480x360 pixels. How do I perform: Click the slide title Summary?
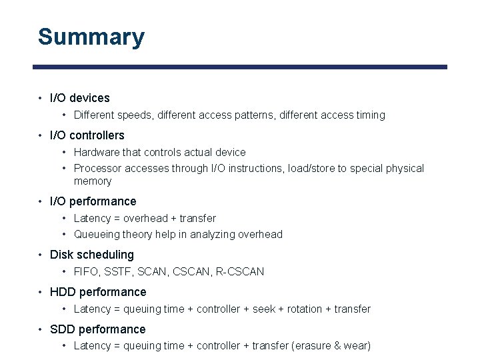(x=91, y=37)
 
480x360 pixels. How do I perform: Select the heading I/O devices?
(x=79, y=98)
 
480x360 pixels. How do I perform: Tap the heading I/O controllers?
(x=87, y=135)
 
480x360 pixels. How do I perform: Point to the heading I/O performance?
(x=93, y=201)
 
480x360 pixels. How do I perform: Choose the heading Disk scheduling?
(x=91, y=255)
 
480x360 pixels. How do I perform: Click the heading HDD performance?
(x=98, y=292)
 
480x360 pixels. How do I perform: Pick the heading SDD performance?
(x=97, y=329)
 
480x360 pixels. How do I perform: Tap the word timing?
(x=371, y=115)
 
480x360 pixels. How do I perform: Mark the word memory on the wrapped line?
(x=93, y=181)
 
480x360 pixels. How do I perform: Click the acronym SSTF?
(x=120, y=272)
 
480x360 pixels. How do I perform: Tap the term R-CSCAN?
(x=240, y=272)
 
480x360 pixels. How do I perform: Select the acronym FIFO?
(x=86, y=272)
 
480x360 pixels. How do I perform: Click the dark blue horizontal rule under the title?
(x=240, y=67)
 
